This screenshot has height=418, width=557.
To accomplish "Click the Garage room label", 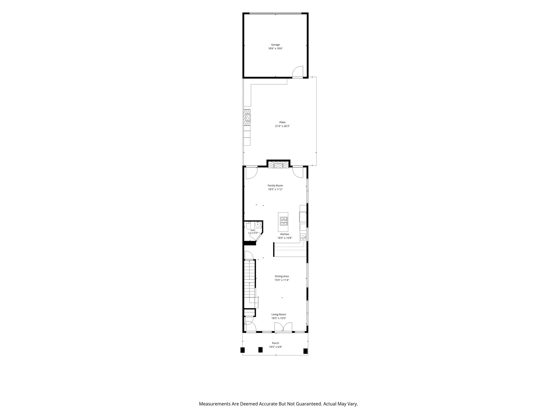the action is tap(275, 45).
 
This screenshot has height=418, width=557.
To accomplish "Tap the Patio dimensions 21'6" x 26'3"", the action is tap(282, 126).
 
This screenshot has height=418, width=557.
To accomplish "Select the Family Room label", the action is tap(275, 186).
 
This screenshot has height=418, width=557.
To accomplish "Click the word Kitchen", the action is tap(285, 234).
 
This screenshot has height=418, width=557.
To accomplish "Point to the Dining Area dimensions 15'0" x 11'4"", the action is tap(281, 280).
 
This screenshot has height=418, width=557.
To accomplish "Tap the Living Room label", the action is tap(279, 314).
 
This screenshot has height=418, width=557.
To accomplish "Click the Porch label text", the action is tap(276, 343).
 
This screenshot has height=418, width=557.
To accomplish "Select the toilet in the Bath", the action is tap(248, 226).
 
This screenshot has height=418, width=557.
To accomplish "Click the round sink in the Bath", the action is tap(257, 225).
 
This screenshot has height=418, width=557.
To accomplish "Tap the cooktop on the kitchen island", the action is tap(284, 221).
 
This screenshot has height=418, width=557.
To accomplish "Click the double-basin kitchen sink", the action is tap(303, 237).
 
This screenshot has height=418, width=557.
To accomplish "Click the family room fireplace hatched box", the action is tap(278, 165).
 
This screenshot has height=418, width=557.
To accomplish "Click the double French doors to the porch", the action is tap(283, 327).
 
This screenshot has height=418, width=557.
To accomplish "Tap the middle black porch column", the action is tap(260, 350).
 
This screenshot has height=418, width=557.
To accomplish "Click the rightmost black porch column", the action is tap(305, 351).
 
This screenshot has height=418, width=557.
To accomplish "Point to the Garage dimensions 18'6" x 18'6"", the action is tap(276, 48).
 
